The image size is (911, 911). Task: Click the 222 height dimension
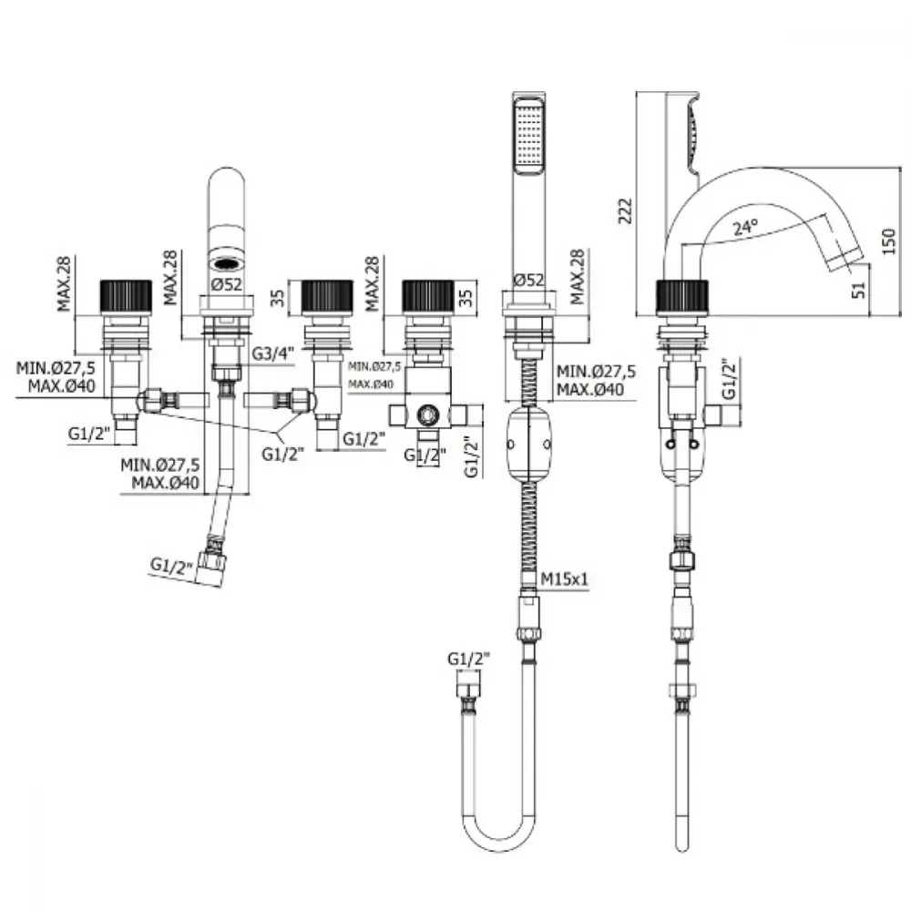625,211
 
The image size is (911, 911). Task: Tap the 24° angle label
745,227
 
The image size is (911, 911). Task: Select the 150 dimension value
889,241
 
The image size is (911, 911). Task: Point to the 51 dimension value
859,290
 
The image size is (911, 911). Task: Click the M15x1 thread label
564,579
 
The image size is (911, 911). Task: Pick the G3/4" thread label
273,353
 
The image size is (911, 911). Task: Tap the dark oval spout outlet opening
227,264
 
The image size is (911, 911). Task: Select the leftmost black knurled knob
126,298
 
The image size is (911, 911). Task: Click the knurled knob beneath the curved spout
682,298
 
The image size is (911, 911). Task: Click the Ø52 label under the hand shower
528,280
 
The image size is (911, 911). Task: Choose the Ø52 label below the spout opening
226,284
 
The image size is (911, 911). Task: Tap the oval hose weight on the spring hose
528,445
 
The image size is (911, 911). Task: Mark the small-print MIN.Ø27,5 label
374,366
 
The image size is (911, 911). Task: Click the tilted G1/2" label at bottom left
172,566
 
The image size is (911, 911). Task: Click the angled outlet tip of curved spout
846,256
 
